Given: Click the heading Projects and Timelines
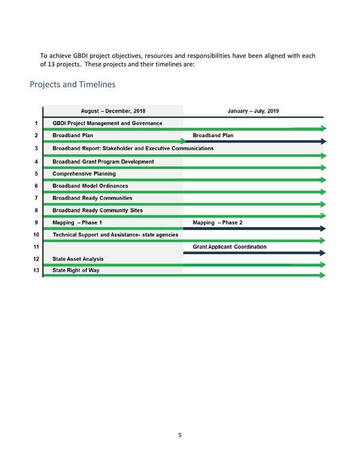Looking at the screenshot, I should (x=73, y=85).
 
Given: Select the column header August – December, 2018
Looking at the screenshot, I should (x=113, y=111).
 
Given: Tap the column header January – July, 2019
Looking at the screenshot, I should (x=253, y=111).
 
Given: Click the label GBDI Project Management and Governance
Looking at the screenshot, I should (x=107, y=123).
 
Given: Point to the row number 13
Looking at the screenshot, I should (x=37, y=271).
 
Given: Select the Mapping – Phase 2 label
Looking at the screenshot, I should (x=218, y=223).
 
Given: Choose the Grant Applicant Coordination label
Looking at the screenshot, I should (x=230, y=246).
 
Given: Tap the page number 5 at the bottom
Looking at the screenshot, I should (x=180, y=435).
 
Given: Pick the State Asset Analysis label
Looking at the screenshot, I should (x=78, y=258).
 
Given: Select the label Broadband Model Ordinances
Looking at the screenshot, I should (x=90, y=186).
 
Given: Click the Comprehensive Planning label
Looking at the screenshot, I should (x=84, y=173).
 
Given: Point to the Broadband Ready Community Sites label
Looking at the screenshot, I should (x=98, y=211).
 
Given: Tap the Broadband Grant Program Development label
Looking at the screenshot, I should (x=103, y=161).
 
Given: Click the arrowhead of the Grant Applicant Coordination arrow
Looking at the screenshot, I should (x=323, y=253).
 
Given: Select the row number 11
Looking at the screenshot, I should (x=37, y=246).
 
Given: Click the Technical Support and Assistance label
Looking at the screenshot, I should (x=115, y=234).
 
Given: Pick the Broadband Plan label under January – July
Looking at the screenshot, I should (x=213, y=136).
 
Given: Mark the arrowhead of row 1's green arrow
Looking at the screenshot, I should (x=323, y=128).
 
